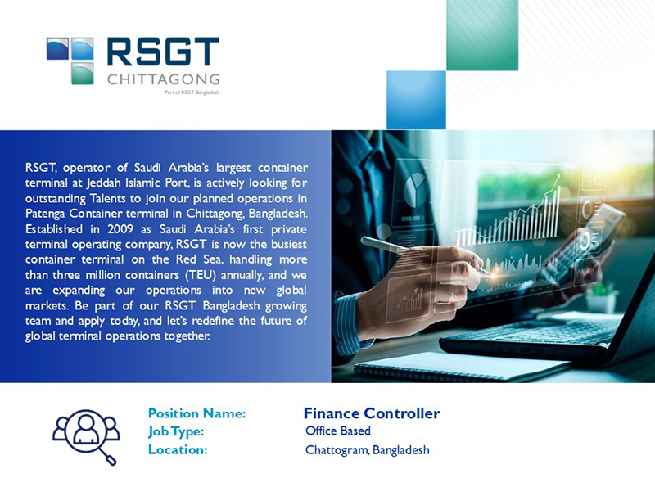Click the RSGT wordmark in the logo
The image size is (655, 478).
[x=163, y=52]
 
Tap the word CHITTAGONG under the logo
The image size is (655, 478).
[x=163, y=79]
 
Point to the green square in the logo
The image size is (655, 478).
[x=83, y=74]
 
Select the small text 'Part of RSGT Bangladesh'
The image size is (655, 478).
[x=192, y=92]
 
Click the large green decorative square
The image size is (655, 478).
[x=482, y=35]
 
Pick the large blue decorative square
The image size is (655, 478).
[x=417, y=100]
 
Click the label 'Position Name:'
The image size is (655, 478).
[x=197, y=413]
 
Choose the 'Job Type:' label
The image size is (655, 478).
[x=176, y=431]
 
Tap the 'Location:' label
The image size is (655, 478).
[x=178, y=449]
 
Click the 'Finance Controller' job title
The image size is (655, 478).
[x=372, y=413]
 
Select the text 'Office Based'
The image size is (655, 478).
[x=338, y=431]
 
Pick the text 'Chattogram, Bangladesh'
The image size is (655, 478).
[x=367, y=450]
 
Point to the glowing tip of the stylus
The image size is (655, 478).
[x=495, y=276]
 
